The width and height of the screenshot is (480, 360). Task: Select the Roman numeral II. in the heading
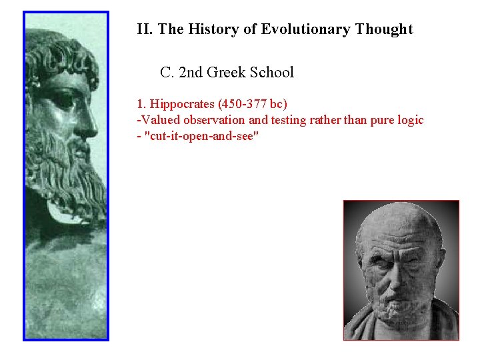[x=145, y=29]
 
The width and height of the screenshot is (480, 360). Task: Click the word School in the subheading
[x=272, y=72]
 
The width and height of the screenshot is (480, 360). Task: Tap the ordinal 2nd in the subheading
[x=191, y=72]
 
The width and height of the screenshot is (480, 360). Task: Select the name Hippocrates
[x=179, y=104]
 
